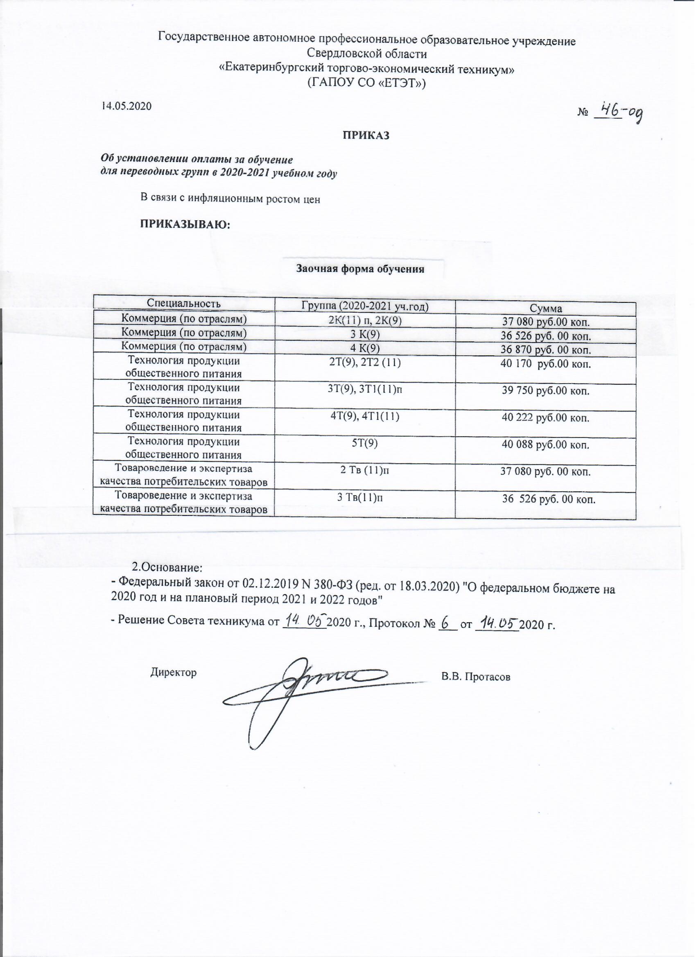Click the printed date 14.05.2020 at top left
coord(125,106)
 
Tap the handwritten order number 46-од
coord(619,113)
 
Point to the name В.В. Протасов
coord(476,677)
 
